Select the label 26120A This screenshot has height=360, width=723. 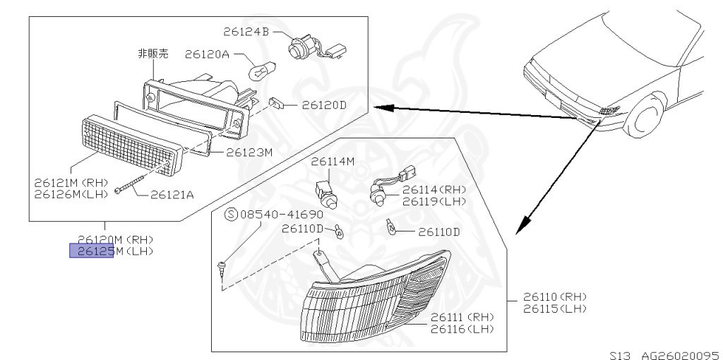pos(207,54)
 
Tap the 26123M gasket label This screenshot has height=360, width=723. pos(249,151)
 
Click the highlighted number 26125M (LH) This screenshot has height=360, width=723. pos(92,251)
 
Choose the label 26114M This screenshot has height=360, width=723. pos(332,162)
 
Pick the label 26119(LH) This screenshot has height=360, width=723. pos(434,201)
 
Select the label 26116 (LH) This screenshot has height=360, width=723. pos(462,329)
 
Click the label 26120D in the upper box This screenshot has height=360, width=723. pos(324,105)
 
